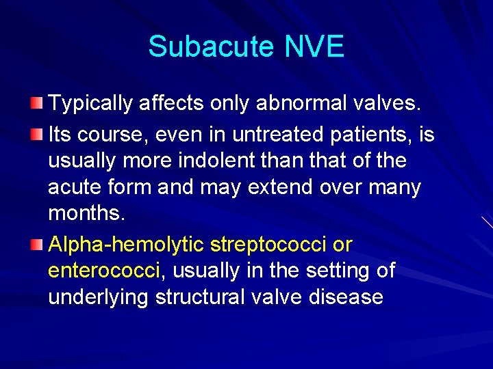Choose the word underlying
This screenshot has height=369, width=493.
pos(99,298)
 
